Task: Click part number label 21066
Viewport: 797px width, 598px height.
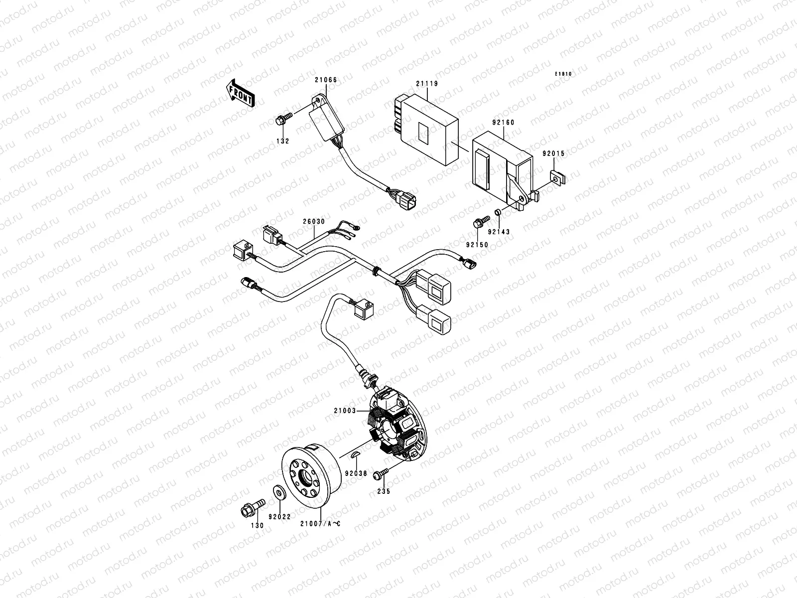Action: click(325, 80)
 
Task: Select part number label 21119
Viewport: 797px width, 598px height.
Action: click(427, 84)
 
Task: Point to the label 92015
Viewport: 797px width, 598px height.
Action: click(554, 154)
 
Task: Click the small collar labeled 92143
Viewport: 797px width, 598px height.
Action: click(497, 213)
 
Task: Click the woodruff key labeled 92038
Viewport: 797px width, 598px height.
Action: click(358, 453)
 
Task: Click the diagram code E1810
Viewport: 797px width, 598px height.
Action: click(564, 74)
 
